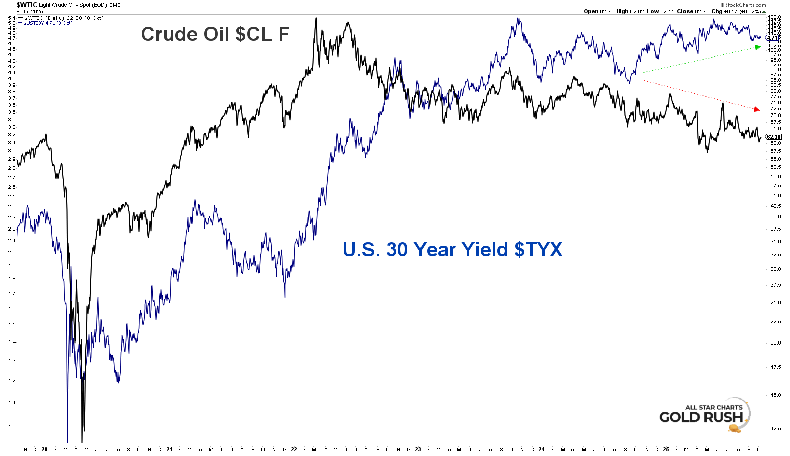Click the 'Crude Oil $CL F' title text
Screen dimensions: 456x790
(x=215, y=34)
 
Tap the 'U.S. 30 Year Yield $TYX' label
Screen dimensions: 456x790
(x=452, y=250)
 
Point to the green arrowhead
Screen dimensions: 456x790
(x=757, y=47)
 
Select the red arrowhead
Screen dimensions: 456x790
(x=756, y=109)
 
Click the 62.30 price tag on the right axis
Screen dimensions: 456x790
(x=773, y=137)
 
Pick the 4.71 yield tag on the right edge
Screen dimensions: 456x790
(x=772, y=38)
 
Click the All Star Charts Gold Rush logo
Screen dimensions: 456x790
(x=705, y=415)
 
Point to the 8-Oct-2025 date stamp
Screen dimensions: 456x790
(x=30, y=11)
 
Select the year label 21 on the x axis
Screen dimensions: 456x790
(x=169, y=449)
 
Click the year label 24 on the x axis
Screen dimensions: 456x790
(x=542, y=449)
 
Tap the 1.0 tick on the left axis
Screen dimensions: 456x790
(x=11, y=427)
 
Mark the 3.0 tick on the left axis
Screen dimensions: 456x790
(x=11, y=151)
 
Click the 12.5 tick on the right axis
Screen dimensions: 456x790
(x=775, y=428)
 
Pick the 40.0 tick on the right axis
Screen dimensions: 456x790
(x=775, y=217)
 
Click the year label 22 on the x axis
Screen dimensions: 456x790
(x=293, y=449)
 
